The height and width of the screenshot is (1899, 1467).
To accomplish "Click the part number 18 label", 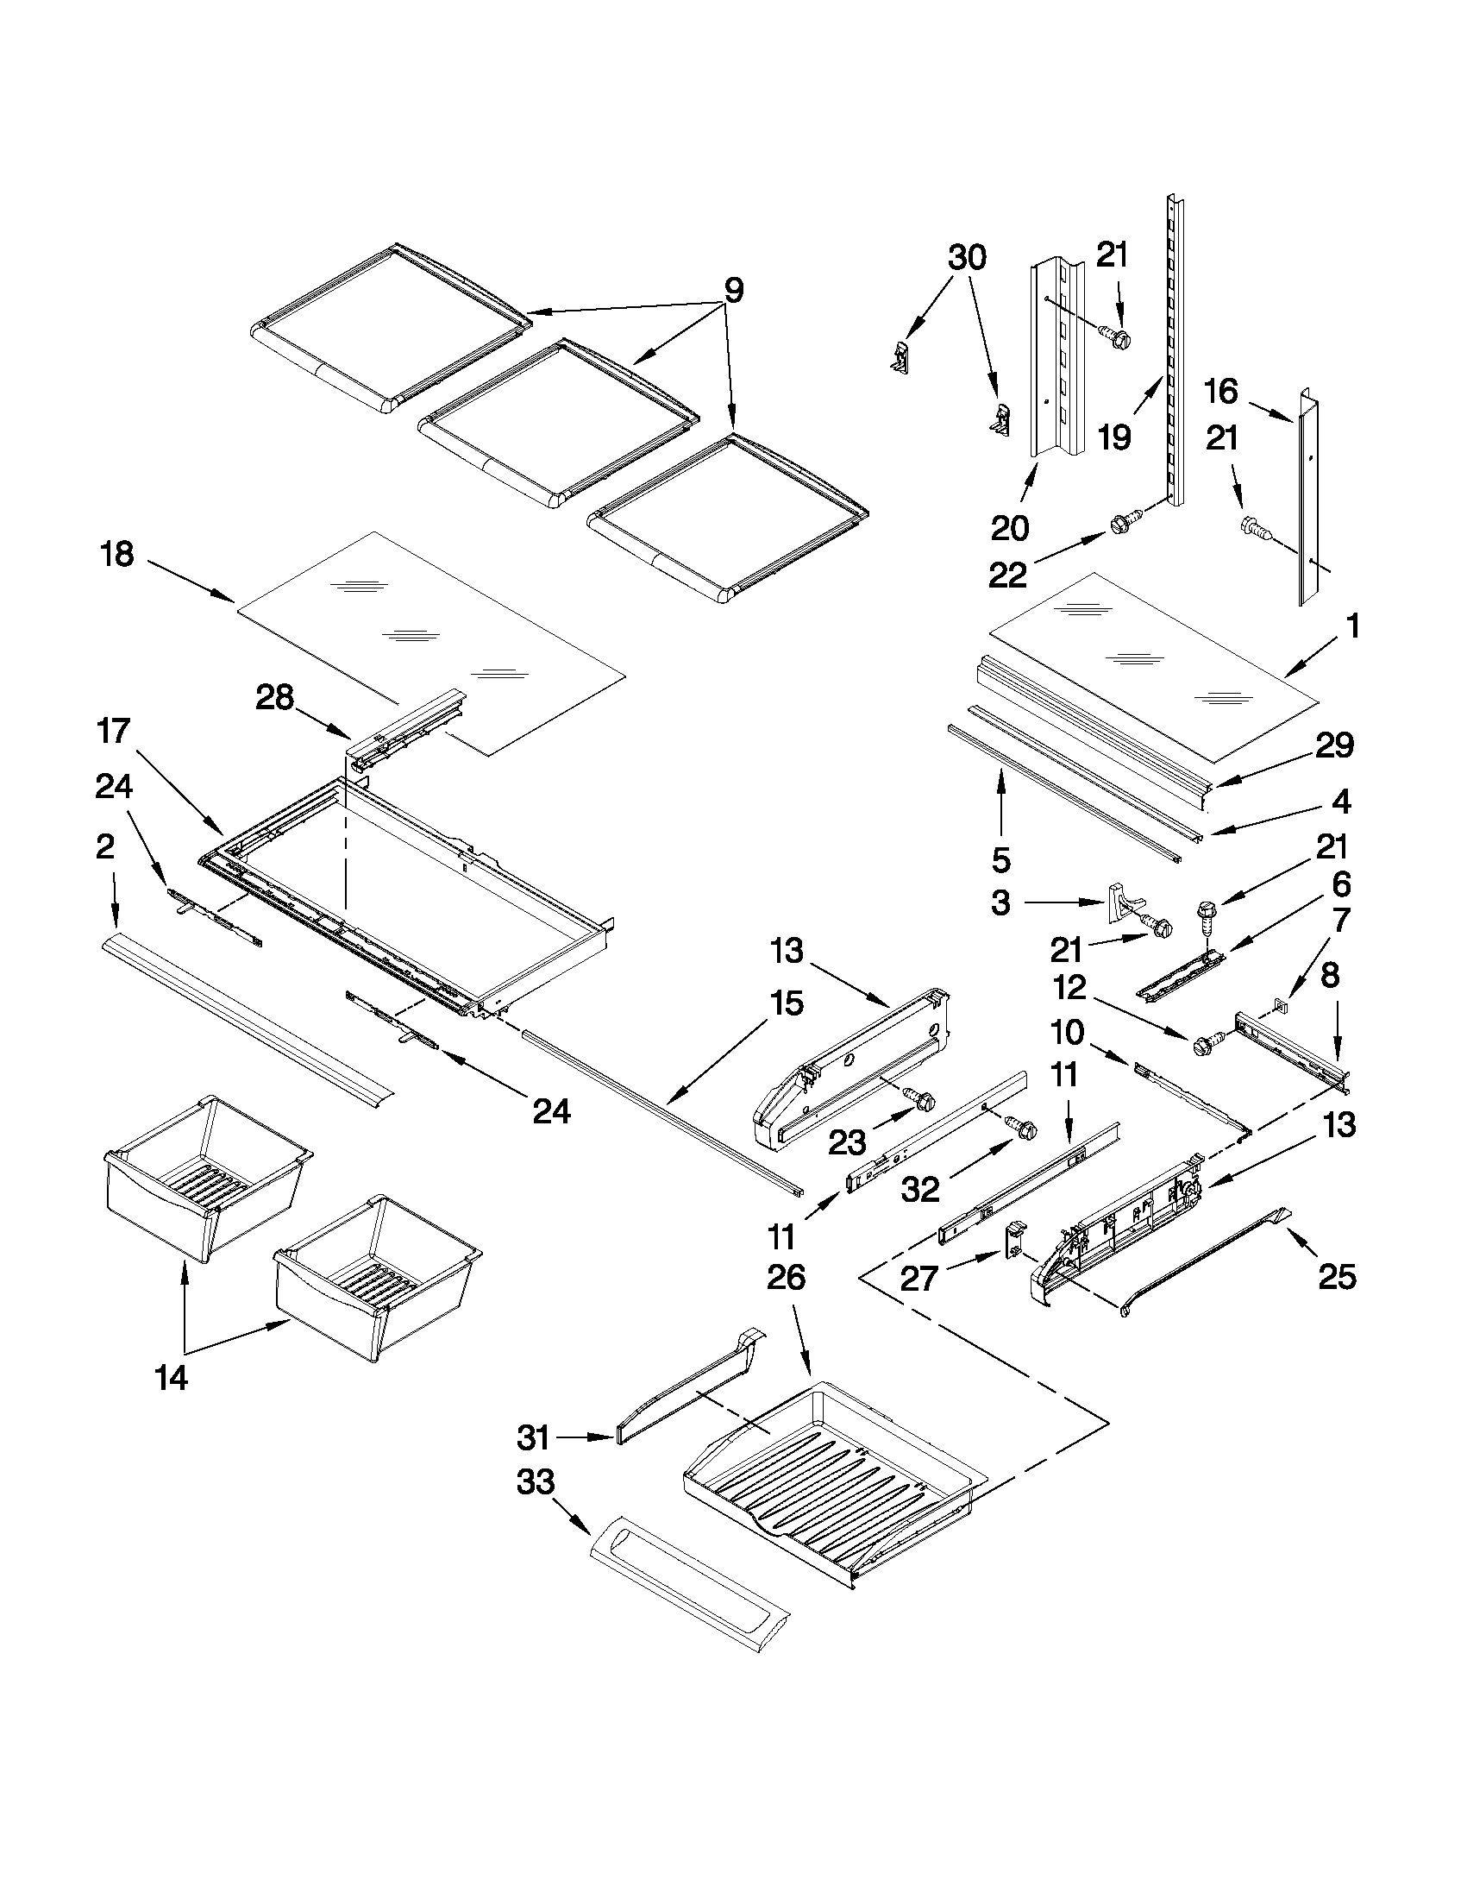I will click(117, 554).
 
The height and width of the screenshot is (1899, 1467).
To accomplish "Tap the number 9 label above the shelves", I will click(733, 291).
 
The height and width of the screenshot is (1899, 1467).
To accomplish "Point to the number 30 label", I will click(967, 257).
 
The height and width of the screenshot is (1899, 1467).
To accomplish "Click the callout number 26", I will click(787, 1276).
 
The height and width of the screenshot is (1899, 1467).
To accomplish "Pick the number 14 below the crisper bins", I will click(172, 1378).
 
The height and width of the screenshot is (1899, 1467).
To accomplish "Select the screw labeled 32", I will click(1021, 1128).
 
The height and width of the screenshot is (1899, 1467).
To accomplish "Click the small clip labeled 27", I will click(1014, 1239).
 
